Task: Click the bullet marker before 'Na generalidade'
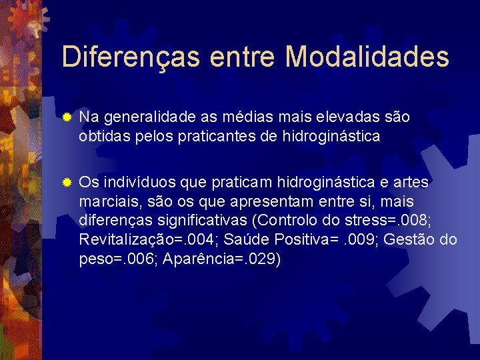pyautogui.click(x=66, y=117)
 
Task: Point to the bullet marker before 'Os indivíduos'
pyautogui.click(x=66, y=182)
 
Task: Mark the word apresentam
pyautogui.click(x=255, y=201)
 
